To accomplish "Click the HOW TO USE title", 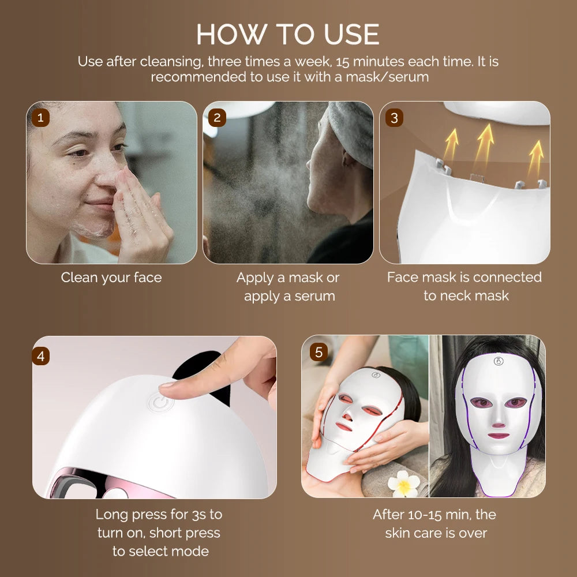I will (x=288, y=34).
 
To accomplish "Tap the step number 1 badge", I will (x=40, y=118).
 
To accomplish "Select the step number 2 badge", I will (x=217, y=118).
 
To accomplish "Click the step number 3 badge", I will (x=394, y=118).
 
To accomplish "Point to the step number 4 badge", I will (x=40, y=356).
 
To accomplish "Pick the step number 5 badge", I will (x=319, y=352).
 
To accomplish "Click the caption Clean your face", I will (x=111, y=278).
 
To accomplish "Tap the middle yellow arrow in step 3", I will (x=485, y=141).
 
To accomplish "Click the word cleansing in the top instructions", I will (x=171, y=62).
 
